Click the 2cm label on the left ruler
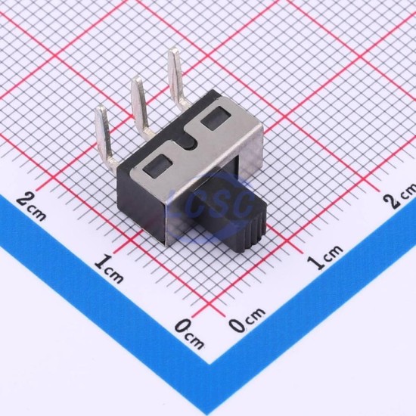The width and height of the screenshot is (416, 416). tap(31, 206)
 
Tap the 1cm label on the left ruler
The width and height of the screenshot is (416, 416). tap(109, 269)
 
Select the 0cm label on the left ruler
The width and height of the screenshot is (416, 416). tap(189, 334)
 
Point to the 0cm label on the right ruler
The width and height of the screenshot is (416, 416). tap(247, 319)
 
